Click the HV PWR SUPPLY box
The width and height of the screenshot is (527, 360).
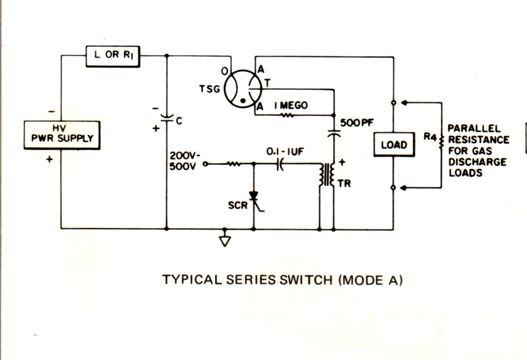pos(62,135)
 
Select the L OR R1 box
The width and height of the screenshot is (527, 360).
pos(113,56)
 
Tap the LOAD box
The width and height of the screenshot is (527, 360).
pos(394,145)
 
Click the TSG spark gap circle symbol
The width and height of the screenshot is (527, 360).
pos(243,88)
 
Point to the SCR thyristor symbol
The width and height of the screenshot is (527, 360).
pos(253,197)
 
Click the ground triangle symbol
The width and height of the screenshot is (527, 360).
pos(225,241)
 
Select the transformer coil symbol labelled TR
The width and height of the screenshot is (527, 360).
pos(326,175)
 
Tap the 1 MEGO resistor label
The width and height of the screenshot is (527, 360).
pos(291,105)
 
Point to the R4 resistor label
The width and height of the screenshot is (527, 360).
pos(430,136)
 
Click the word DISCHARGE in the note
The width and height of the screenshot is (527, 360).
pos(477,162)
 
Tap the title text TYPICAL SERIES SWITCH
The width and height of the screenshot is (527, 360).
pos(248,280)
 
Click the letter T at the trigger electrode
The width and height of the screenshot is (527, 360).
pos(267,83)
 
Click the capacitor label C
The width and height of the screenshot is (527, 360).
pos(178,121)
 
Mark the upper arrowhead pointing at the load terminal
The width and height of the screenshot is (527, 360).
pos(403,102)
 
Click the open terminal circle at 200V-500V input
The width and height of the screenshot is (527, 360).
pos(205,164)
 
